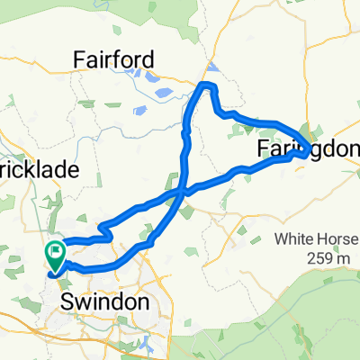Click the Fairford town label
115,59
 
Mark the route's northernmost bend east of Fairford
209,85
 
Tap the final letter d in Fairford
150,59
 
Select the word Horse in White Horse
329,241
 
